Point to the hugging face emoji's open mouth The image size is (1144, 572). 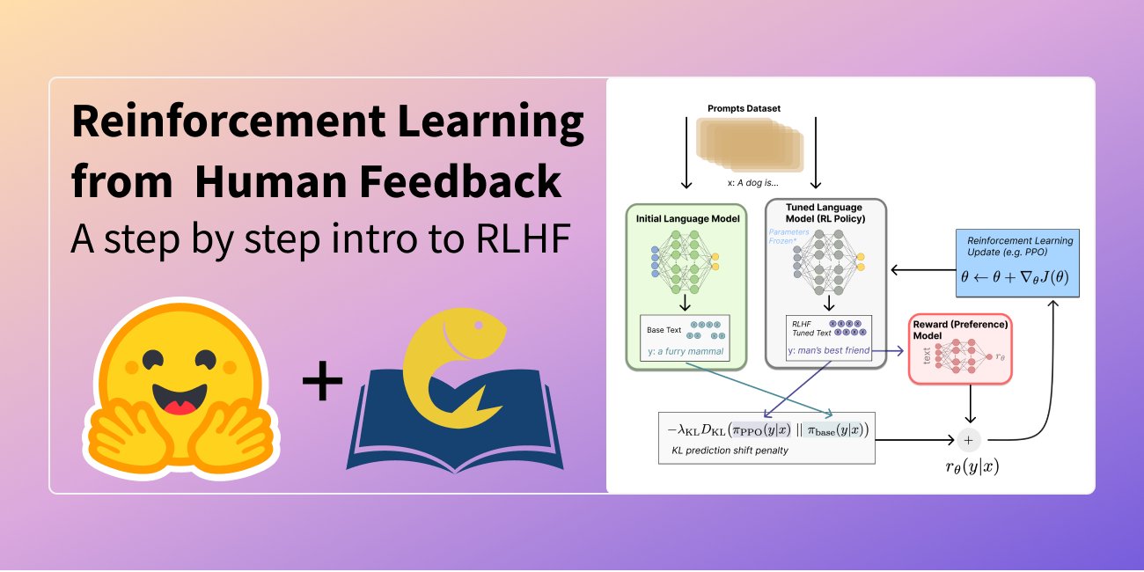(180, 400)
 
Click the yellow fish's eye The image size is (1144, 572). (480, 327)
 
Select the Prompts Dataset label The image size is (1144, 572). (744, 108)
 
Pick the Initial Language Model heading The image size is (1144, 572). (687, 217)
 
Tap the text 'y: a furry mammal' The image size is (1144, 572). (686, 351)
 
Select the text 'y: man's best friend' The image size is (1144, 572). (828, 351)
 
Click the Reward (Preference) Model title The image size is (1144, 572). (960, 329)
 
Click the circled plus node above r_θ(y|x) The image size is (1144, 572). (969, 439)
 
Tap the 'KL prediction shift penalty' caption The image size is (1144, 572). (723, 451)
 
